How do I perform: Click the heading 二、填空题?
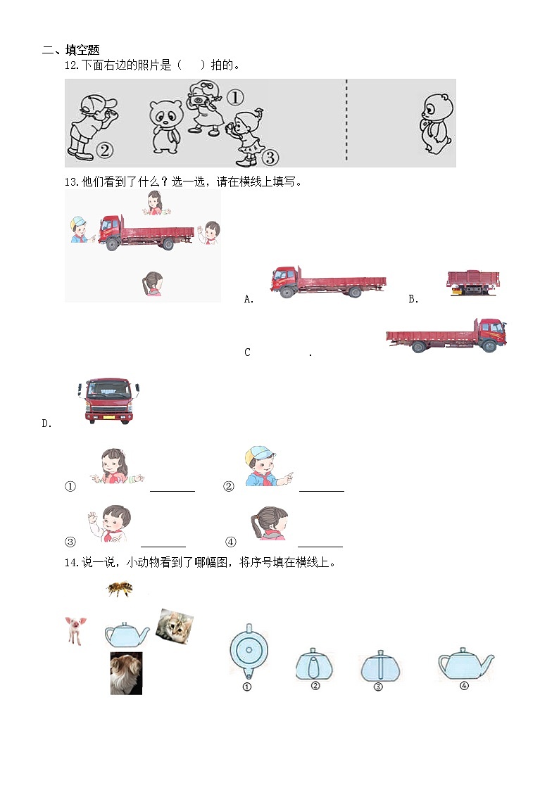pyautogui.click(x=71, y=50)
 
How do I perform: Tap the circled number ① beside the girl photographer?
pyautogui.click(x=234, y=97)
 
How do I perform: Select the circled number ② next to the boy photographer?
pyautogui.click(x=104, y=149)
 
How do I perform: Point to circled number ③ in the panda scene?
pyautogui.click(x=271, y=156)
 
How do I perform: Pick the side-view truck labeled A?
pyautogui.click(x=327, y=283)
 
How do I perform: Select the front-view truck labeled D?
pyautogui.click(x=108, y=401)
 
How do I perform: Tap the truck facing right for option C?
pyautogui.click(x=446, y=335)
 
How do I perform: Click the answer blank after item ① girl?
pyautogui.click(x=172, y=490)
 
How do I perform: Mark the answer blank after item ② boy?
pyautogui.click(x=322, y=490)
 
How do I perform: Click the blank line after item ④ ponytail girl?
pyautogui.click(x=320, y=545)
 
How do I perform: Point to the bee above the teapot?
pyautogui.click(x=120, y=588)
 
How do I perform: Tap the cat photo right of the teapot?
pyautogui.click(x=174, y=626)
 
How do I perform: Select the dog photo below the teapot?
pyautogui.click(x=126, y=673)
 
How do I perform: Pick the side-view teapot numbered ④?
pyautogui.click(x=465, y=663)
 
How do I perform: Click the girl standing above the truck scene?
pyautogui.click(x=154, y=203)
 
